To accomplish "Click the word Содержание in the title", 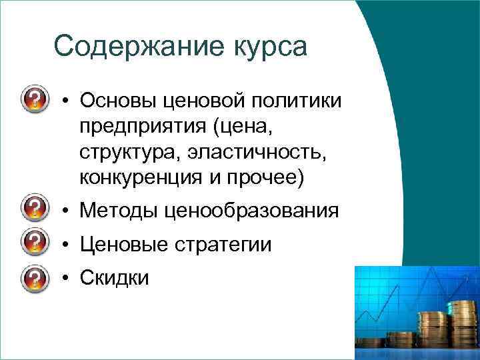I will pos(131,47).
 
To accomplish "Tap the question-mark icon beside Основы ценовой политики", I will pos(35,101).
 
